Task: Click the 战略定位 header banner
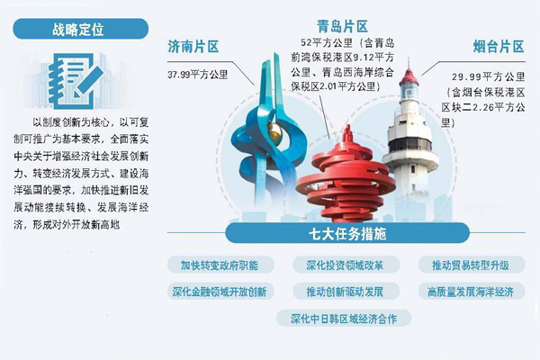[x=77, y=28]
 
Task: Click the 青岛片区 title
[x=342, y=26]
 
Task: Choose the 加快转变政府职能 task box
[x=218, y=265]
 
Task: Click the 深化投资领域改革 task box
[x=344, y=265]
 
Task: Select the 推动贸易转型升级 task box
[x=470, y=265]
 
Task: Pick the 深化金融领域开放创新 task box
[x=219, y=292]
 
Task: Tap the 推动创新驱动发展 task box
[x=344, y=292]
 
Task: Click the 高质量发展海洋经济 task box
[x=470, y=292]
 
